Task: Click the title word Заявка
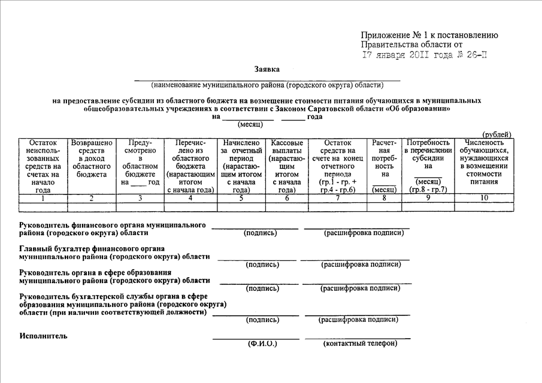pos(267,69)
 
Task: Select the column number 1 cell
pos(43,198)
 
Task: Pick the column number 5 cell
pos(241,198)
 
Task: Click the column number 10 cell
pos(484,198)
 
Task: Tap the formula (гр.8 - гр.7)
pos(428,190)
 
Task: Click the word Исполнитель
pos(43,336)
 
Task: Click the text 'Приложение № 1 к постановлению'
pos(429,35)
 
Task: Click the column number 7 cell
pos(338,198)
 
